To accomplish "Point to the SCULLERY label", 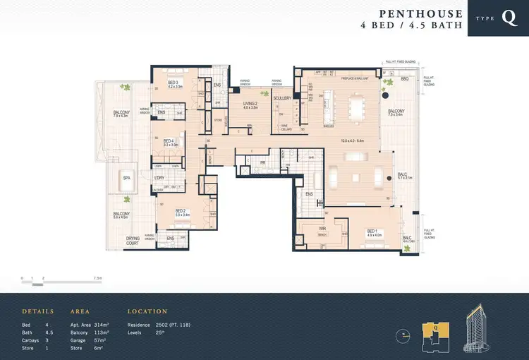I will (283, 98).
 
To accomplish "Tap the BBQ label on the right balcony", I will (404, 79).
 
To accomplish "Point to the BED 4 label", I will (169, 142).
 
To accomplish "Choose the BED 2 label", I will (180, 210).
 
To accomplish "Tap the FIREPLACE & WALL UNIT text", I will (355, 78).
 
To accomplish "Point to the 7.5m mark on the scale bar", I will (97, 279).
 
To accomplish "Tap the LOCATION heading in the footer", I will (147, 311).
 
